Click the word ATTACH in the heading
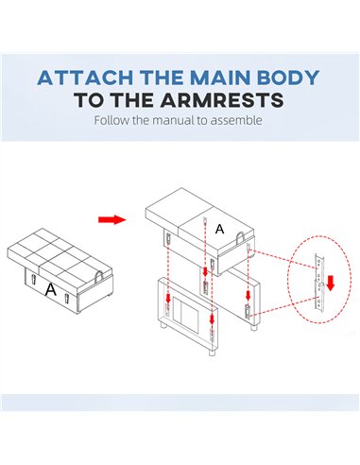pos(85,77)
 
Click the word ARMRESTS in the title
pos(221,100)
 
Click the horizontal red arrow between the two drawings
pos(112,219)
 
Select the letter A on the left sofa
pos(50,289)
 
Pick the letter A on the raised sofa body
pos(219,229)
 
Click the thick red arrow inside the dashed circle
pos(330,283)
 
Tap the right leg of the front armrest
pos(212,352)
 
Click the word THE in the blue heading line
pos(162,77)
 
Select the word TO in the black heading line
pos(91,100)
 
